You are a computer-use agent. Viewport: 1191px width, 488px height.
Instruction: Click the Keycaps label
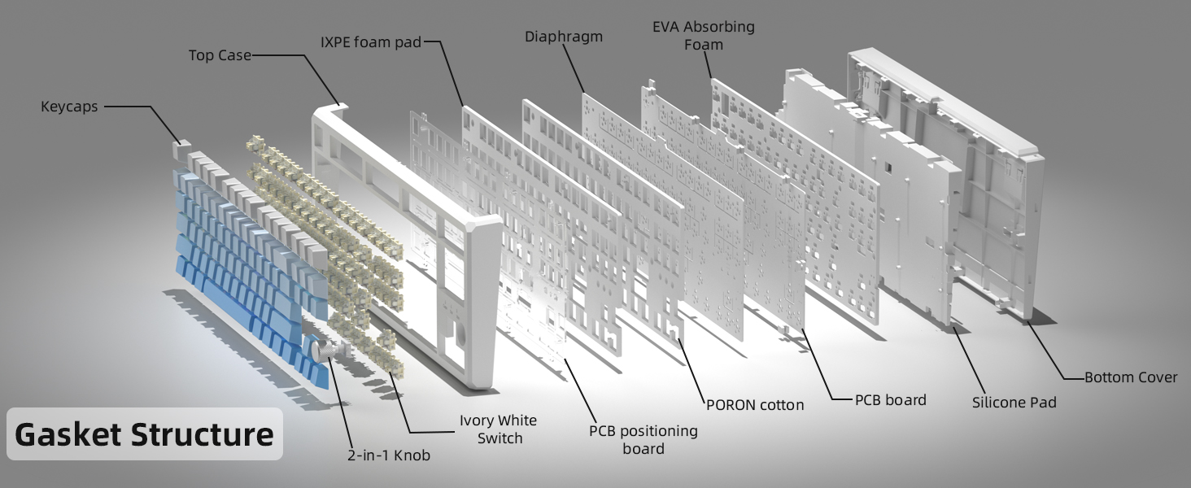pyautogui.click(x=69, y=107)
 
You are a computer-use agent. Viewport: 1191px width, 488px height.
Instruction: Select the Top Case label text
pyautogui.click(x=220, y=56)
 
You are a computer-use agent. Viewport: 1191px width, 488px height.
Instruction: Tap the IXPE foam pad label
pyautogui.click(x=371, y=41)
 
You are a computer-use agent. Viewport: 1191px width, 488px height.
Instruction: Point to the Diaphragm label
pyautogui.click(x=564, y=37)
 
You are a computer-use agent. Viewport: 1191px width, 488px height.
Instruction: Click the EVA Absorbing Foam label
pyautogui.click(x=704, y=36)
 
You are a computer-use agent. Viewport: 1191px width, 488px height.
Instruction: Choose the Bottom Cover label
pyautogui.click(x=1131, y=377)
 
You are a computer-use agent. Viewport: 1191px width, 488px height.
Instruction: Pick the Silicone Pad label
pyautogui.click(x=1014, y=402)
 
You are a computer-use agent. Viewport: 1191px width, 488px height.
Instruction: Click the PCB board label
pyautogui.click(x=890, y=400)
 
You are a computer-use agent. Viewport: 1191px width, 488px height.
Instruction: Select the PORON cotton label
pyautogui.click(x=755, y=404)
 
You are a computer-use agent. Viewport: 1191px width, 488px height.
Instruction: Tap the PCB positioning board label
pyautogui.click(x=643, y=439)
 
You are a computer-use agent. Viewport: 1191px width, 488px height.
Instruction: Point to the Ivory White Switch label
pyautogui.click(x=499, y=429)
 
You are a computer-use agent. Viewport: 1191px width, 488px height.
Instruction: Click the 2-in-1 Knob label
pyautogui.click(x=388, y=455)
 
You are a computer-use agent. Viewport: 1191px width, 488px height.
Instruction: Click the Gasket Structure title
pyautogui.click(x=144, y=435)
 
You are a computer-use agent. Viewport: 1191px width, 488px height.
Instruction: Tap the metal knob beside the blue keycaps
pyautogui.click(x=320, y=351)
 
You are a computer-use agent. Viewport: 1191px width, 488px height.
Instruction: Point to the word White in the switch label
pyautogui.click(x=517, y=420)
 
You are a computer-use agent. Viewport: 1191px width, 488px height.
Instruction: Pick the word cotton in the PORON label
pyautogui.click(x=779, y=404)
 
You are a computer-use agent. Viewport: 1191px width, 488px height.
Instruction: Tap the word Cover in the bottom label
pyautogui.click(x=1157, y=377)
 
